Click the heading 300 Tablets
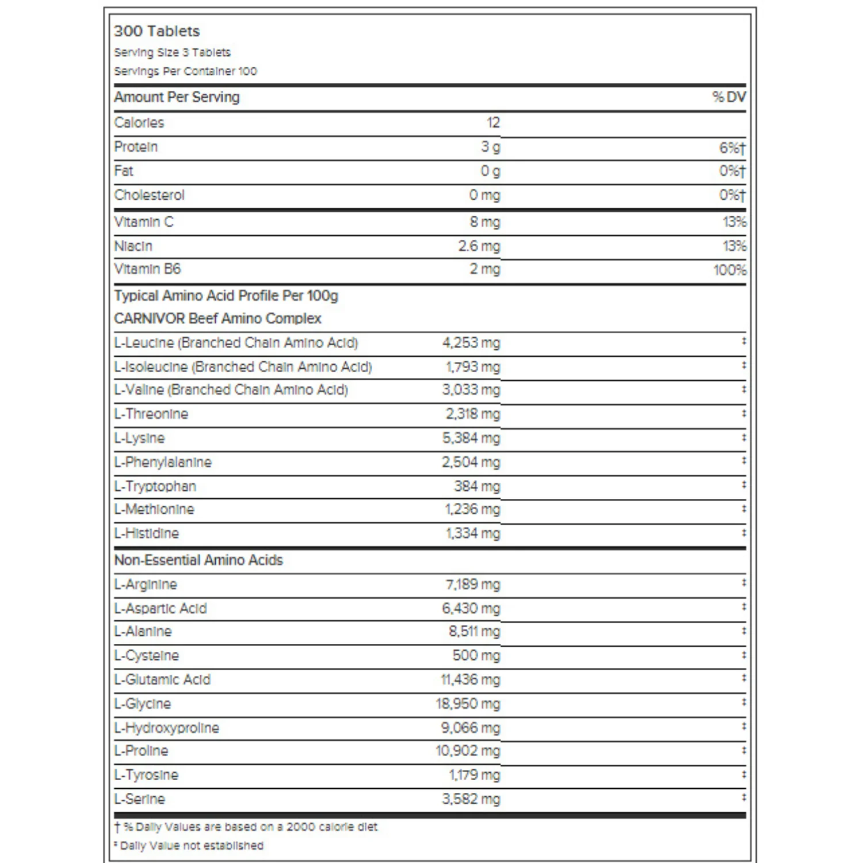[156, 31]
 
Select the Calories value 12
[493, 123]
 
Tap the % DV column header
[728, 97]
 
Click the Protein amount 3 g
[491, 147]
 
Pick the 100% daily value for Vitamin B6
[730, 270]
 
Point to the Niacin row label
[133, 246]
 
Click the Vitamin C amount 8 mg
[485, 222]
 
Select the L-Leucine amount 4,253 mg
[471, 343]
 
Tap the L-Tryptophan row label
[155, 486]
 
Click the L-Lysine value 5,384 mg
[471, 438]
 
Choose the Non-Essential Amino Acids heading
[198, 560]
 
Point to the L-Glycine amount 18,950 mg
[468, 704]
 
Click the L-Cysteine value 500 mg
[476, 655]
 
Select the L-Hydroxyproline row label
[167, 728]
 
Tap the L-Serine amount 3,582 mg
[471, 799]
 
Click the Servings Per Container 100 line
[185, 71]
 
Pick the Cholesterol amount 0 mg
[484, 195]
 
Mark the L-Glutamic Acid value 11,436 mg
[471, 679]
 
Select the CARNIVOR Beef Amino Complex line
[217, 319]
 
